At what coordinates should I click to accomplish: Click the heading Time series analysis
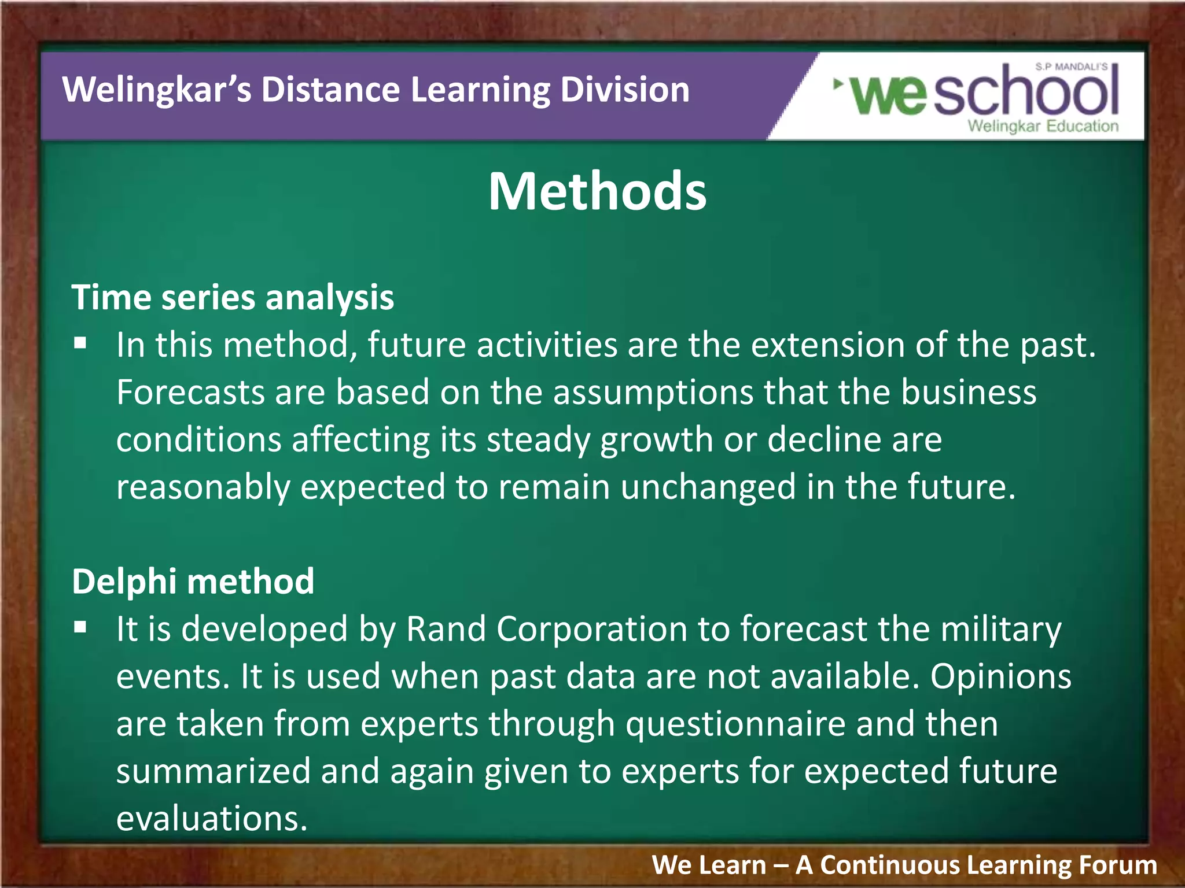(233, 298)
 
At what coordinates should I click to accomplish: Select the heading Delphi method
(193, 581)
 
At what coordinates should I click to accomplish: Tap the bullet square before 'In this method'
(80, 344)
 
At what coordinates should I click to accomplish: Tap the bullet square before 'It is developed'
(80, 627)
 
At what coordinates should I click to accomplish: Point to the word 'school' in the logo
(1025, 92)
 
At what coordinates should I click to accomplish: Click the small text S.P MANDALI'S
(1071, 67)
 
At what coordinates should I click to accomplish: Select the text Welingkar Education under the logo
(1043, 126)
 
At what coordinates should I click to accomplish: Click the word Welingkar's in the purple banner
(157, 90)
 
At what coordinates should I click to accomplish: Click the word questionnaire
(735, 724)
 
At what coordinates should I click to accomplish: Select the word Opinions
(1000, 676)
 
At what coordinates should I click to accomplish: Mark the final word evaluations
(212, 819)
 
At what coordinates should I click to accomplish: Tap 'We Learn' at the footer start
(709, 865)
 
